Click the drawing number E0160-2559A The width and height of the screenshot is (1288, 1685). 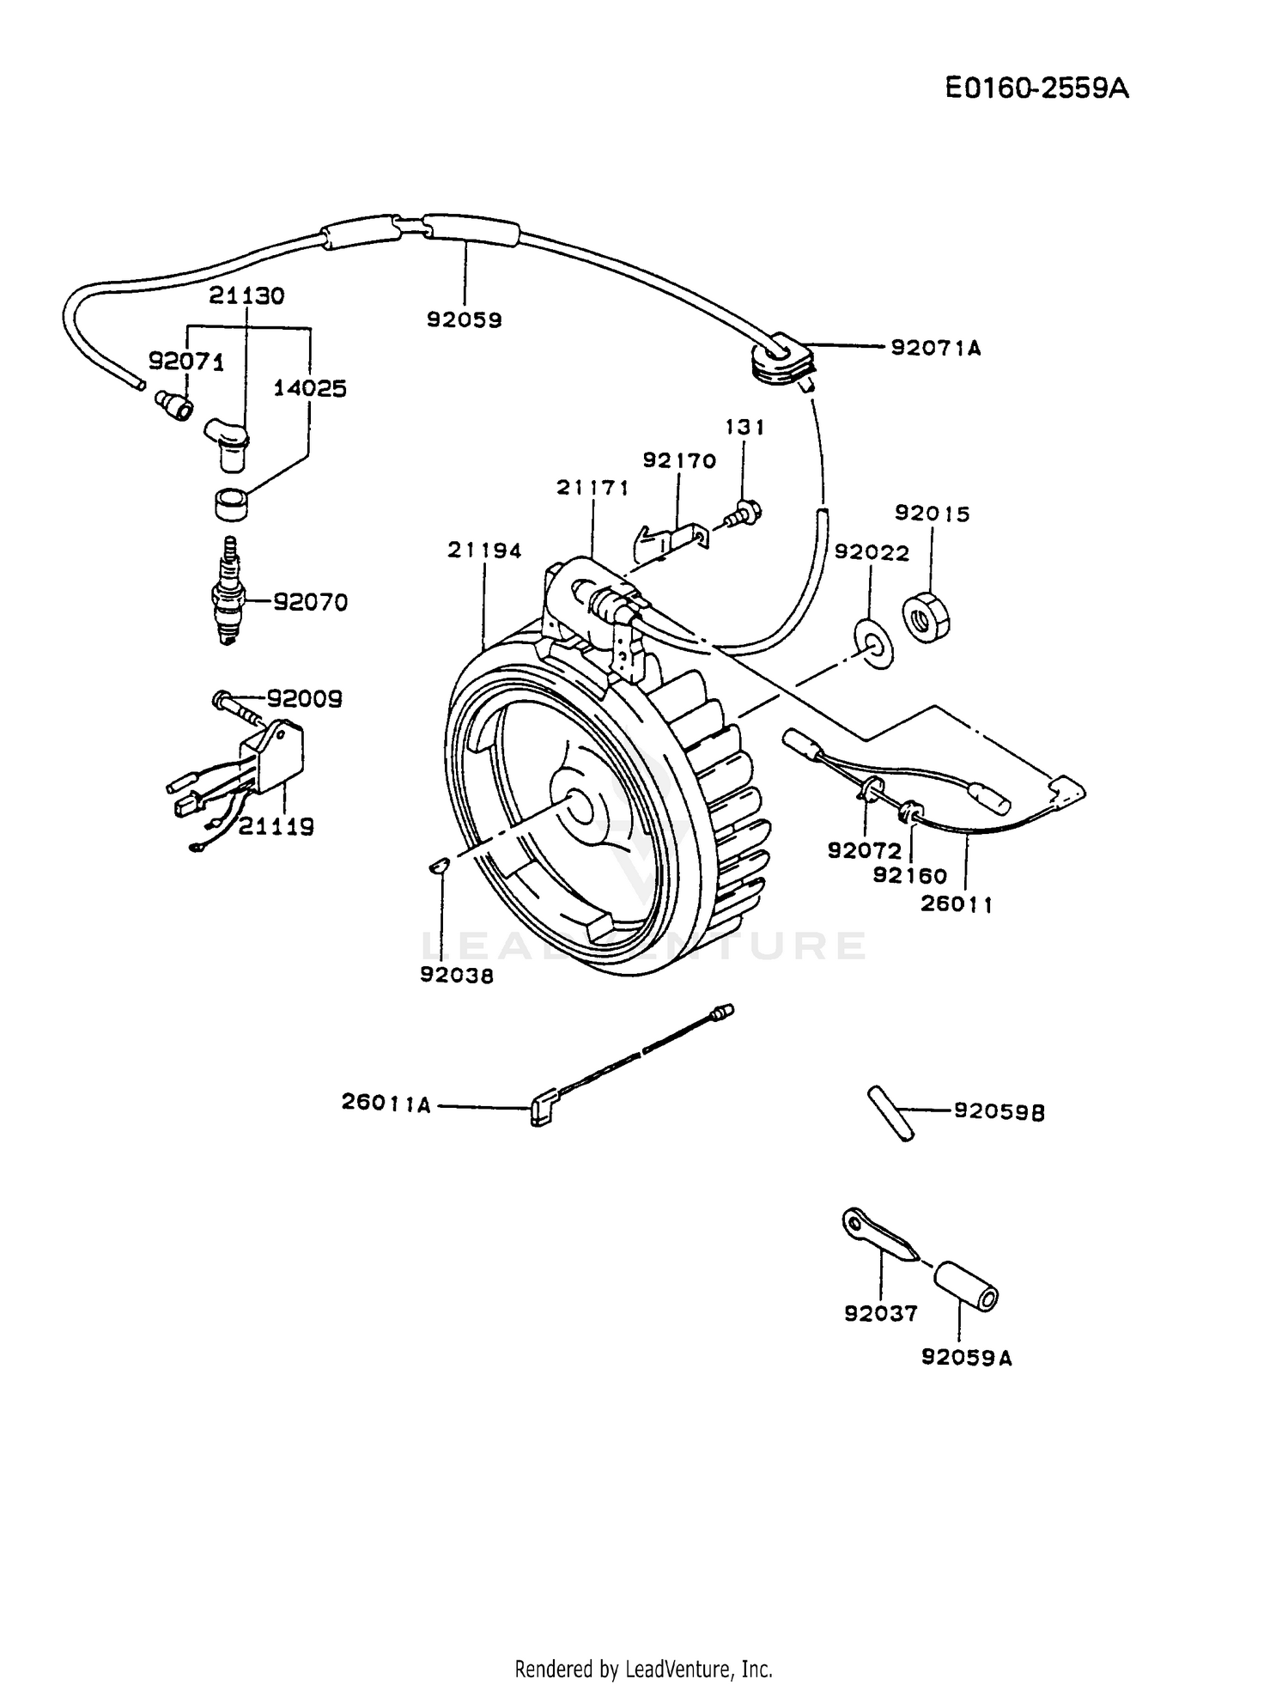1036,88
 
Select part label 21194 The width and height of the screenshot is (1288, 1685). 484,551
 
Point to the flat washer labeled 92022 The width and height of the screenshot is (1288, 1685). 874,640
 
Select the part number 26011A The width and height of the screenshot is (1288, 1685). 386,1103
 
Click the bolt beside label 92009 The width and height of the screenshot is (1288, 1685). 236,708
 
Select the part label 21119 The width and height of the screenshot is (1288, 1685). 276,826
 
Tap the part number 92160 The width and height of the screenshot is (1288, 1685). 909,875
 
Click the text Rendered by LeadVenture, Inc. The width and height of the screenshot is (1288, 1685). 643,1669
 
